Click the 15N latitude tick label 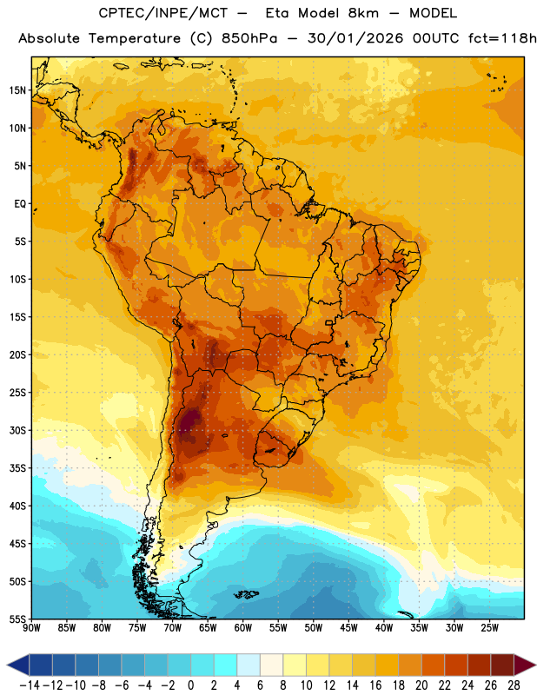coord(17,90)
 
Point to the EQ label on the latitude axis coord(20,204)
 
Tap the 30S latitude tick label coord(17,430)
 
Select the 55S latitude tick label coord(17,619)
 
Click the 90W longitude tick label coord(31,627)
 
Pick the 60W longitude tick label coord(243,627)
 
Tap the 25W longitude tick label coord(489,627)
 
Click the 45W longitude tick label coord(348,627)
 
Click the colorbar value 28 coord(514,685)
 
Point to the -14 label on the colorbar coord(30,685)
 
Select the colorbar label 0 coord(190,685)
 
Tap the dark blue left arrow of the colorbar coord(17,665)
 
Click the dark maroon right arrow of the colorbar coord(525,665)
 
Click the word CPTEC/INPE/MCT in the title coord(162,13)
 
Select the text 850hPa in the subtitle coord(249,38)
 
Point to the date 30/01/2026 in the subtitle coord(355,38)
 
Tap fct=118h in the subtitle coord(502,38)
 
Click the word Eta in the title coord(277,13)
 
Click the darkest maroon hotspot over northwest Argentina coord(190,420)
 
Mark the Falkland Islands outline coord(246,594)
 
